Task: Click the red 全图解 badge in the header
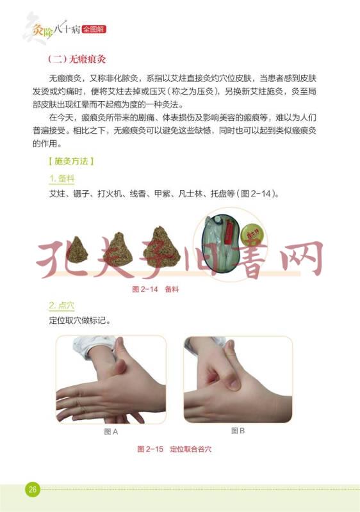pos(94,29)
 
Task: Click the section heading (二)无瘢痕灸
pos(77,59)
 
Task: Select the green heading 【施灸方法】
pos(71,161)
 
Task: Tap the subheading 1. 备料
pos(61,179)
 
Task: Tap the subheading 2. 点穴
pos(61,306)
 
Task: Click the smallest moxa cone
pos(77,250)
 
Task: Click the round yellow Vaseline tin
pos(253,234)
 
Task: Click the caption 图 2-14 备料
pos(155,289)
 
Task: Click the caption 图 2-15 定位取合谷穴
pos(174,449)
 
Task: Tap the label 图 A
pos(111,431)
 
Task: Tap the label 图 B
pos(238,431)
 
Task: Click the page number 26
pos(32,489)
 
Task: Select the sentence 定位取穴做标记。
pos(80,321)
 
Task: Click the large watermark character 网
pos(303,258)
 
